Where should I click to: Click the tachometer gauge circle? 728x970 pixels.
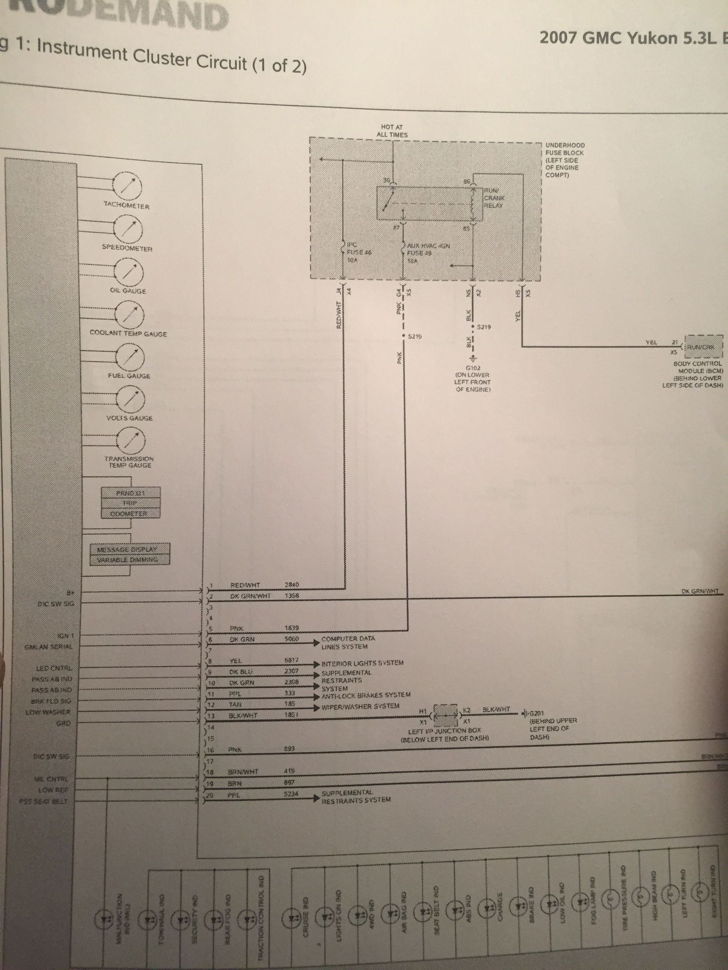tap(127, 186)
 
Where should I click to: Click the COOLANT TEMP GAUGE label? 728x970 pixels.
tap(128, 334)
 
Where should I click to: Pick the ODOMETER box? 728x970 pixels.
tap(129, 514)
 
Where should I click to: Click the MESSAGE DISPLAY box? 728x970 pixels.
tap(130, 550)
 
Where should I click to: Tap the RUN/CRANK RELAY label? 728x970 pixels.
tap(494, 198)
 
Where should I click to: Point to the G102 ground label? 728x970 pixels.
tap(473, 378)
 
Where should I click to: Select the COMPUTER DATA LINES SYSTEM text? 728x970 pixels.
tap(347, 643)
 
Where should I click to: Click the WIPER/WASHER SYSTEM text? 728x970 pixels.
tap(360, 706)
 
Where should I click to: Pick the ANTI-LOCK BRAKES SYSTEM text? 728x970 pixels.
tap(366, 695)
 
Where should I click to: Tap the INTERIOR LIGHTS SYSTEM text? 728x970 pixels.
tap(362, 663)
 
